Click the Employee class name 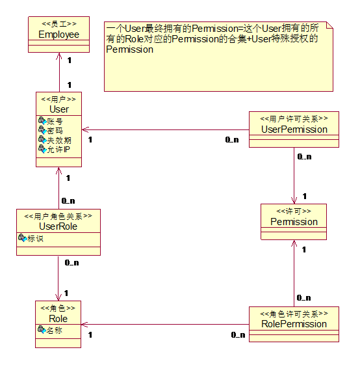[x=59, y=34]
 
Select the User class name [x=59, y=109]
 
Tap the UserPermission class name [x=294, y=129]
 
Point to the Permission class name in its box [x=294, y=222]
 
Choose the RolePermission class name [x=294, y=324]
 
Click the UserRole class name [x=58, y=226]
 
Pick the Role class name [x=58, y=319]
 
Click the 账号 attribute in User [x=55, y=121]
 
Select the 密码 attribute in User [x=55, y=131]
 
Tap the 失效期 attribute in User [x=59, y=141]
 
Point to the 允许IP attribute [x=58, y=150]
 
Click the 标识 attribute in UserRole [x=35, y=239]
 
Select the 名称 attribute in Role [x=54, y=331]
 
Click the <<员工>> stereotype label [x=59, y=23]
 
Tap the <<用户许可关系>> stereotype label [x=294, y=118]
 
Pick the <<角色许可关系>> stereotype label [x=294, y=314]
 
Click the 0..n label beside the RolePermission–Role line [x=238, y=335]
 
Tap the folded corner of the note [x=329, y=25]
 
